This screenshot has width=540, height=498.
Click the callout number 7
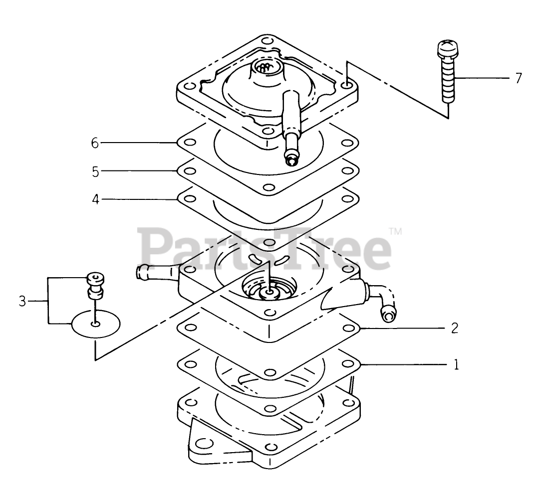[519, 78]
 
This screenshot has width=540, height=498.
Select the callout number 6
[95, 143]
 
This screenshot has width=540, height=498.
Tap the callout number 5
[95, 171]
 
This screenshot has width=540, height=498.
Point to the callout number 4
[95, 199]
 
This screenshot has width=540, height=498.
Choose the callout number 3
[22, 301]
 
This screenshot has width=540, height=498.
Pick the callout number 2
[455, 329]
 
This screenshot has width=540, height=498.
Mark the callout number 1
[455, 365]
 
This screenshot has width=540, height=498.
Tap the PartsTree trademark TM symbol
[395, 231]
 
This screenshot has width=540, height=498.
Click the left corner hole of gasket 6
[187, 144]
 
